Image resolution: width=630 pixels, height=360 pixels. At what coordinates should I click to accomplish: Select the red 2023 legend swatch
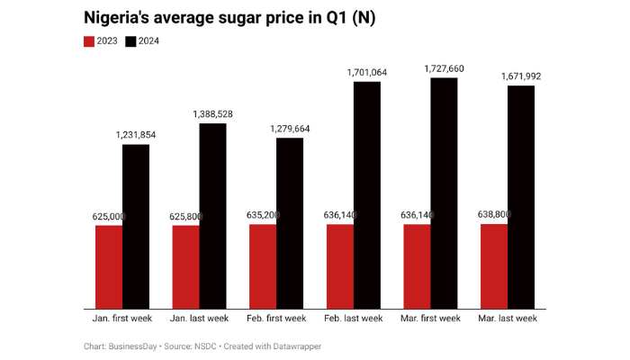(89, 41)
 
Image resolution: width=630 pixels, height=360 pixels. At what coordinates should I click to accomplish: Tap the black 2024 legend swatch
(130, 41)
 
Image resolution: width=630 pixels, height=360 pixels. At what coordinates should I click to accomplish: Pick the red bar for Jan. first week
(109, 266)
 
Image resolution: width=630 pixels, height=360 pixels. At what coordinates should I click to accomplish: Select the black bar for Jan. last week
(212, 216)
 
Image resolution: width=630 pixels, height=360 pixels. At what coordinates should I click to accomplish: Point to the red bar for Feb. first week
(263, 265)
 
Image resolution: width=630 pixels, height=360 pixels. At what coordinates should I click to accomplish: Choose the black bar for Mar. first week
(444, 193)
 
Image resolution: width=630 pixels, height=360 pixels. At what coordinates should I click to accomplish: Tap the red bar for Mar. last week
(494, 265)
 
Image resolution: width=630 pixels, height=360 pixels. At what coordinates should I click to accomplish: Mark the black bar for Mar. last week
(521, 197)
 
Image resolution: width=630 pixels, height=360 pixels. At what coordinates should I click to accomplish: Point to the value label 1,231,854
(136, 134)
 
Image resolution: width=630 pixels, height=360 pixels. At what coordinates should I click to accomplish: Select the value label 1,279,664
(290, 129)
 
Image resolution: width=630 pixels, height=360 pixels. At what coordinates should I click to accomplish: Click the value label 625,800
(185, 217)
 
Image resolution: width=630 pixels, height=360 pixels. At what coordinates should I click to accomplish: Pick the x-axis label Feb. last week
(353, 319)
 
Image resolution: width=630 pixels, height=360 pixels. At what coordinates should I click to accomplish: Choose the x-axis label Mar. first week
(430, 319)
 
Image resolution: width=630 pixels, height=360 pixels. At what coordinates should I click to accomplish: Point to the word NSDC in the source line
(203, 346)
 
